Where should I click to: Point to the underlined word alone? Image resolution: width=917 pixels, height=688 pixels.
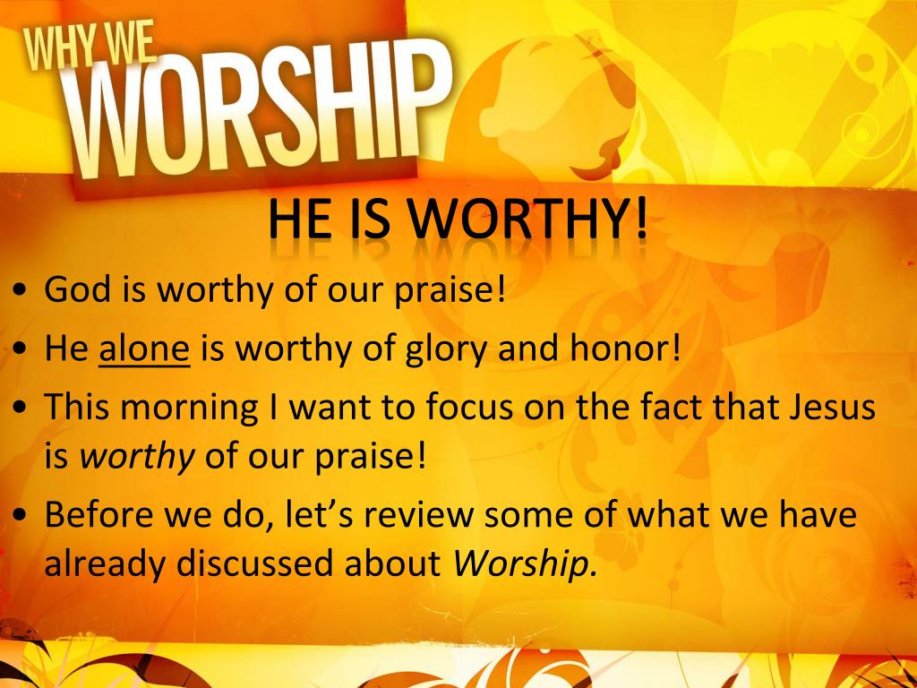pyautogui.click(x=145, y=348)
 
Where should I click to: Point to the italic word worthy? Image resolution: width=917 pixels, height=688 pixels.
pyautogui.click(x=137, y=457)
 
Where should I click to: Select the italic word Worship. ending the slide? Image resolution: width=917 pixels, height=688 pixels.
pyautogui.click(x=525, y=563)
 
